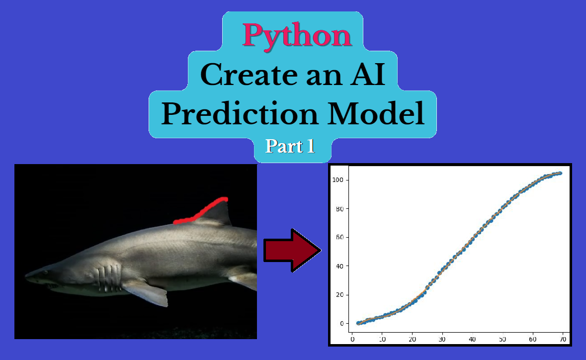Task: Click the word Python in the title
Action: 297,35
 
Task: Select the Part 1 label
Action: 290,146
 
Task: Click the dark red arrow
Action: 292,250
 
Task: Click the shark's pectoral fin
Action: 145,293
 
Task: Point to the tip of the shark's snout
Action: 26,276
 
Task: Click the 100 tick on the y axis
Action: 337,180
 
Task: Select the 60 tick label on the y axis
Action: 339,237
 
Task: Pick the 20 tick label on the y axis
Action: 339,295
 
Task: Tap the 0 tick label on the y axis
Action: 341,324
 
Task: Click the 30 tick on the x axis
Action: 442,340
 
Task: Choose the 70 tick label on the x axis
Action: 563,340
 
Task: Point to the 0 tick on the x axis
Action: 352,340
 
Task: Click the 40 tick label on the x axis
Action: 472,340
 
